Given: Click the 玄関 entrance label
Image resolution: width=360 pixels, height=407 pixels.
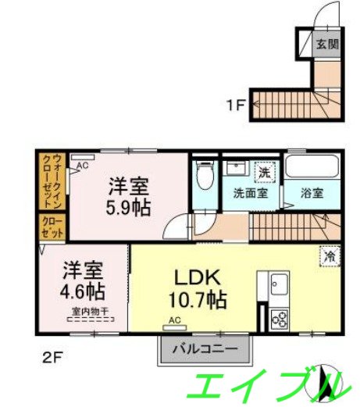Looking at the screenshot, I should pyautogui.click(x=326, y=45).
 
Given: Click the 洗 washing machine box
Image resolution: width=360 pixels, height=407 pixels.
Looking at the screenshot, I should pyautogui.click(x=266, y=172).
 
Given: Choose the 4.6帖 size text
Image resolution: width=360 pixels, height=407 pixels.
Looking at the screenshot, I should pyautogui.click(x=84, y=291).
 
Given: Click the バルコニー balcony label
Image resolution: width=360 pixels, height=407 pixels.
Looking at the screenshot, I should pyautogui.click(x=207, y=348).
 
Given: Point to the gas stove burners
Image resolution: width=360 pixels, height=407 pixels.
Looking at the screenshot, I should pyautogui.click(x=279, y=319).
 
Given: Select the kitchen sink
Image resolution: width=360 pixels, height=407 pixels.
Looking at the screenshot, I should pyautogui.click(x=278, y=285).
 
